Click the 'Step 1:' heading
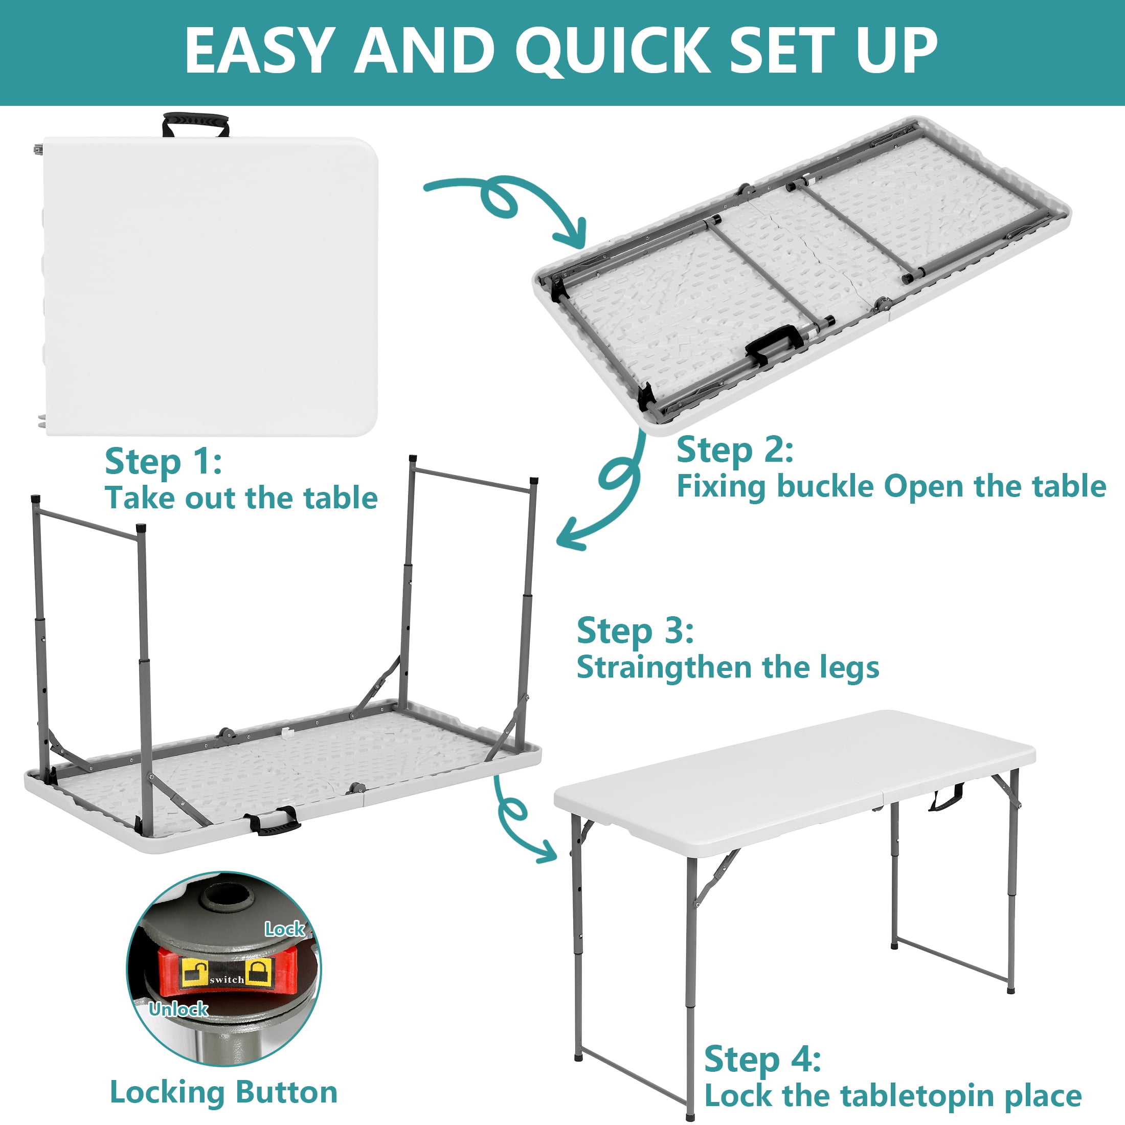point(163,463)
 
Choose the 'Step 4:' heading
point(763,1059)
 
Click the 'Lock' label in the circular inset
point(285,929)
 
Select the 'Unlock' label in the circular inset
point(178,1009)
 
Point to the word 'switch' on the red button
point(227,980)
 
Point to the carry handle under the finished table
point(946,797)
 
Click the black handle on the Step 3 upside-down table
point(272,820)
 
